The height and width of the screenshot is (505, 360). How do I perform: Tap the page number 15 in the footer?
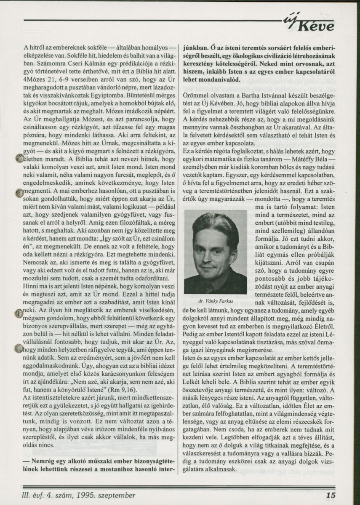[331, 495]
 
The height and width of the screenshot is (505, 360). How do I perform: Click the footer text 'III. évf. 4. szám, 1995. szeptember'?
[80, 495]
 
